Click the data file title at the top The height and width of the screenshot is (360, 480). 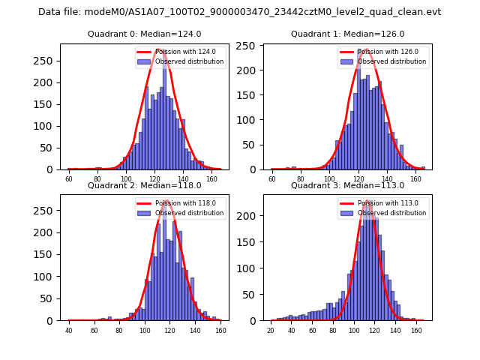pos(239,12)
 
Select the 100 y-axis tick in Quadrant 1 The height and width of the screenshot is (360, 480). pos(249,120)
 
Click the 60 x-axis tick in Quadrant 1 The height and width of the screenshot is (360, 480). pos(272,179)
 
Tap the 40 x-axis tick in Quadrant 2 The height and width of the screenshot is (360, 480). pos(69,330)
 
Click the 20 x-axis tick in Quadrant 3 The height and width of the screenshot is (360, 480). pos(271,330)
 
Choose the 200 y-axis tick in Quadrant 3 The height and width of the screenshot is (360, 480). pos(249,216)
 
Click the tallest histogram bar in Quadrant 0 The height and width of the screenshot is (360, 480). pos(164,112)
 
